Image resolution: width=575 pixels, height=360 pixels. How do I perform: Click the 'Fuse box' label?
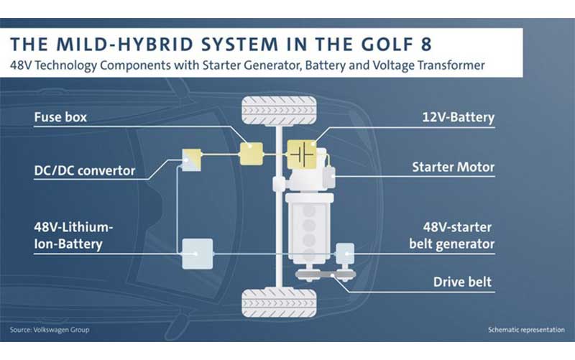[x=60, y=117]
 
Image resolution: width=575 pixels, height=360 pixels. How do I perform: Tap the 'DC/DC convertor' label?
[x=85, y=170]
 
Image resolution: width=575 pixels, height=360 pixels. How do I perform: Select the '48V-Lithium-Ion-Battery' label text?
[x=73, y=236]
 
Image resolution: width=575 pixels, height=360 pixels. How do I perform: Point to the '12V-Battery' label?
[x=459, y=117]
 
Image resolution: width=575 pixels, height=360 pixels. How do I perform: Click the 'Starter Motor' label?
[x=454, y=167]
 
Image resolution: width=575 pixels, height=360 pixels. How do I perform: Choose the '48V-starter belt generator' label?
[x=452, y=236]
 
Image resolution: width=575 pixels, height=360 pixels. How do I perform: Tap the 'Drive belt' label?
[x=462, y=282]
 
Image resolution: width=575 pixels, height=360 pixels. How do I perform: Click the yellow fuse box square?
[x=251, y=154]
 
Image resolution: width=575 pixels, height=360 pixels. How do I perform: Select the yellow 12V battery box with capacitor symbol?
[x=302, y=154]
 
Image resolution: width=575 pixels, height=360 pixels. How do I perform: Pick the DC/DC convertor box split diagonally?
[x=192, y=160]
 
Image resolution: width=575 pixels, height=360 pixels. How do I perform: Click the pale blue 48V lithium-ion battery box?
[x=197, y=254]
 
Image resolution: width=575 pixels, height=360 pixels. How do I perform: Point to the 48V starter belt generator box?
[x=345, y=254]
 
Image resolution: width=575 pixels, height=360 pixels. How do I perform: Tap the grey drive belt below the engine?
[x=326, y=274]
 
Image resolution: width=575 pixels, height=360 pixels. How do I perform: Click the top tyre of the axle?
[x=279, y=111]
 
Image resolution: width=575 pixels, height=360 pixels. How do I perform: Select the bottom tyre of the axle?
[x=279, y=303]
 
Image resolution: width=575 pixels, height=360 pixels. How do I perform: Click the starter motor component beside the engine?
[x=329, y=177]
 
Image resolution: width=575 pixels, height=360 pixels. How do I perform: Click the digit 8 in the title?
[x=425, y=45]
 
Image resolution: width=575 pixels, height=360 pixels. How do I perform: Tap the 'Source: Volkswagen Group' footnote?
[x=50, y=330]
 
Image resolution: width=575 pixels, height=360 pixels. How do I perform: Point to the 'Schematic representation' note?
[x=526, y=330]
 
